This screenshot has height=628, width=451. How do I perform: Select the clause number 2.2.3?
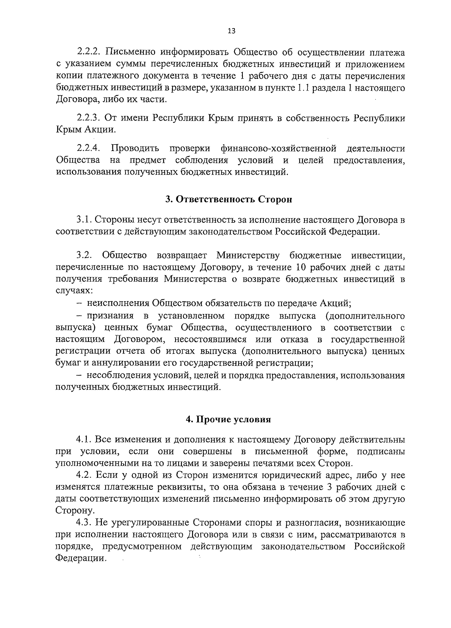pos(89,118)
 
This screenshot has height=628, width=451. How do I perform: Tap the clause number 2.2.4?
pos(89,148)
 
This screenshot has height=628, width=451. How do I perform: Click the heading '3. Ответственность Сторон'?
pos(229,199)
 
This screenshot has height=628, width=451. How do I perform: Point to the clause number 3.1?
pos(82,220)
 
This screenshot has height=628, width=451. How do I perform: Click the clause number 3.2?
pos(84,256)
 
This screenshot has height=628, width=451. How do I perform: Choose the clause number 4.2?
pos(84,476)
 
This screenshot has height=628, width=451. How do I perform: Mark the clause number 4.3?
pos(84,522)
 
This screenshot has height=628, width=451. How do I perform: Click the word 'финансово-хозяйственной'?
pos(278,148)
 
